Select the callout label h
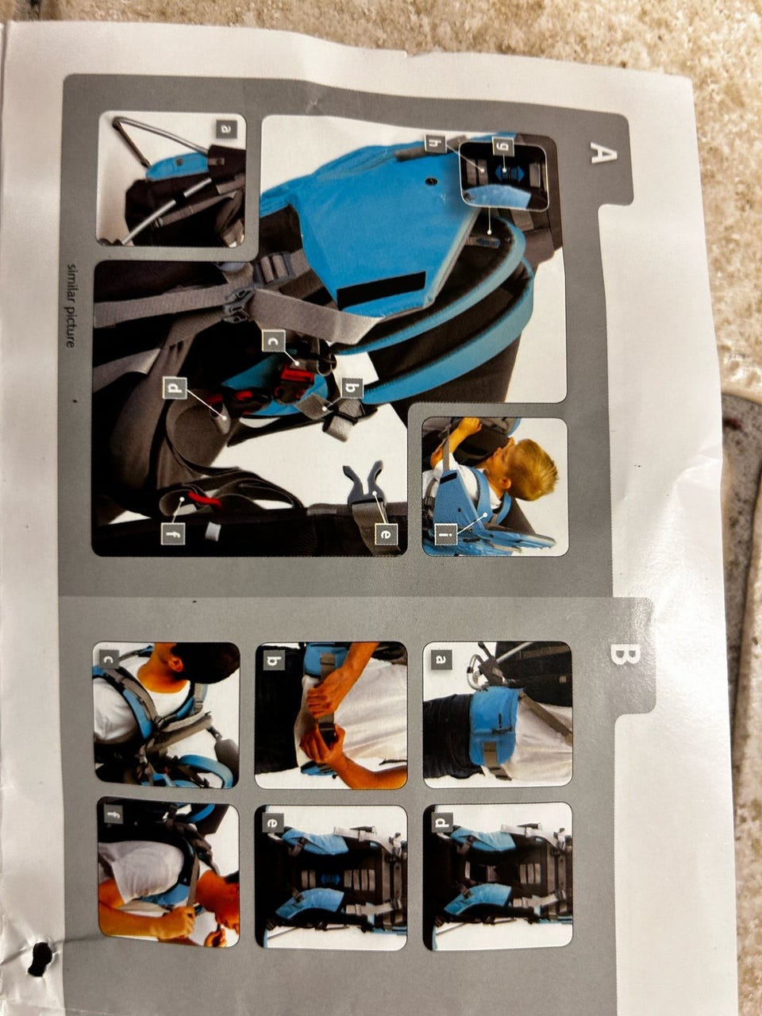435,143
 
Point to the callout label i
445,537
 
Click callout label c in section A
274,341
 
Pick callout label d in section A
175,388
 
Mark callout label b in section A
352,389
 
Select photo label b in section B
273,662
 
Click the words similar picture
71,305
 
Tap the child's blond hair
532,468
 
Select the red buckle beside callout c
294,379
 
